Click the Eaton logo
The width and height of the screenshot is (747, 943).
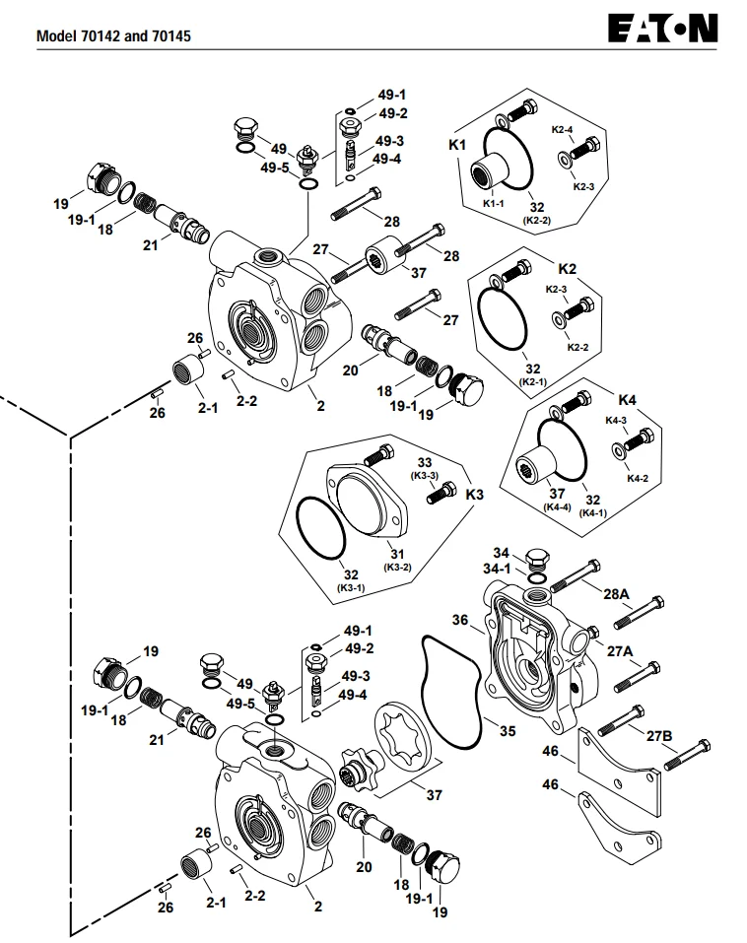coord(663,29)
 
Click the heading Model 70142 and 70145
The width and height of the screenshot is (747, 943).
coord(113,36)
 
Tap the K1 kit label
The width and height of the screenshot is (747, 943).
coord(457,145)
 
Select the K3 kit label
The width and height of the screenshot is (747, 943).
coord(475,495)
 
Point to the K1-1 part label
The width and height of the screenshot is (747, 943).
coord(493,203)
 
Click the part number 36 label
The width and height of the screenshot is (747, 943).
coord(460,620)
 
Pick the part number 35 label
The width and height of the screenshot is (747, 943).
coord(509,731)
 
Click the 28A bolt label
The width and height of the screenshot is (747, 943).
coord(617,594)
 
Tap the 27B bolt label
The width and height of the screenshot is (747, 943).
coord(659,736)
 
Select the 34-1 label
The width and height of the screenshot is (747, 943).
coord(497,569)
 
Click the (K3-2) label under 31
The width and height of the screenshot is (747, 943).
coord(397,568)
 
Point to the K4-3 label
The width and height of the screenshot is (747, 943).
coord(616,421)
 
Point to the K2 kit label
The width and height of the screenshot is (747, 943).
coord(568,269)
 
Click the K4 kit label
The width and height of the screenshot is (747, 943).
coord(628,400)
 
